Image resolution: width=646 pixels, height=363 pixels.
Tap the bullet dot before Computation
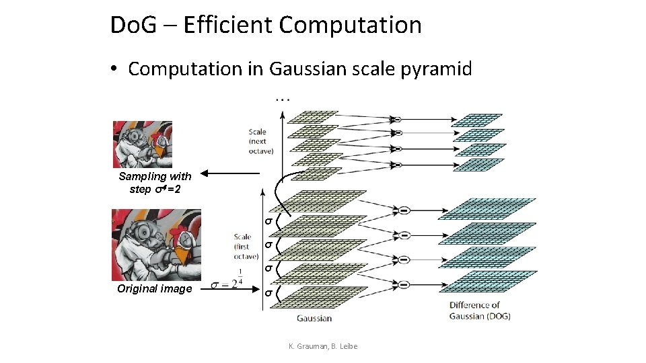tap(116, 69)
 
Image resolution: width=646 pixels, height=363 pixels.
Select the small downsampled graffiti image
tap(142, 144)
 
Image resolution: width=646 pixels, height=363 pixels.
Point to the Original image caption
tap(155, 288)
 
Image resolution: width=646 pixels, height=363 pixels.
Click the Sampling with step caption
tap(155, 182)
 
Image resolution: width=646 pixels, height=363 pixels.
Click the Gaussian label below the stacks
tap(314, 318)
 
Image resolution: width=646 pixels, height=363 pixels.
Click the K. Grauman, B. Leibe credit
tap(323, 346)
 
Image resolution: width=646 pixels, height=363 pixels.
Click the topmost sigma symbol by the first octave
tap(267, 220)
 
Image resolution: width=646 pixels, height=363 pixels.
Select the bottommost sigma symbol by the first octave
tap(267, 293)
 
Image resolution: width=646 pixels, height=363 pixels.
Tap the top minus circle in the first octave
tap(405, 210)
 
